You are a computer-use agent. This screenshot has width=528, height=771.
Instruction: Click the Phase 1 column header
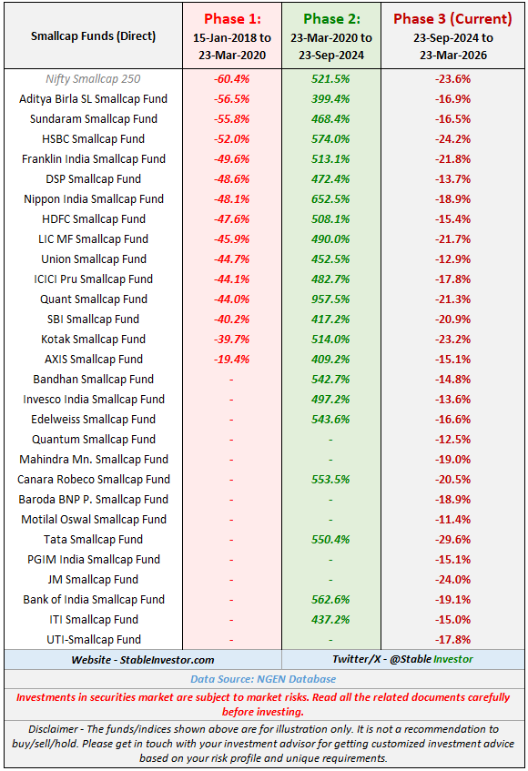[x=231, y=18]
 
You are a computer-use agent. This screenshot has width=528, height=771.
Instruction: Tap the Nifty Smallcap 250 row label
[x=93, y=79]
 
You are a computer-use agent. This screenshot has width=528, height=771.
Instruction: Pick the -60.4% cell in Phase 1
[x=231, y=79]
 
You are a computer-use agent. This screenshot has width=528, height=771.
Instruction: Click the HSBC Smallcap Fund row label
[x=93, y=139]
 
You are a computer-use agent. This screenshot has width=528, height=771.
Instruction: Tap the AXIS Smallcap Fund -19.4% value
[x=231, y=360]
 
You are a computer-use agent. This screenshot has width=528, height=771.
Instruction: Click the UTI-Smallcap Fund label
[x=93, y=640]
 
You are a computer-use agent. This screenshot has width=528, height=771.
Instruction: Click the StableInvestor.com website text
[x=141, y=659]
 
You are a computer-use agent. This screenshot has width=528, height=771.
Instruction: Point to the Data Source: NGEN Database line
[x=263, y=679]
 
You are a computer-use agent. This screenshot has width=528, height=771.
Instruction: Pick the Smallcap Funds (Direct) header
[x=93, y=36]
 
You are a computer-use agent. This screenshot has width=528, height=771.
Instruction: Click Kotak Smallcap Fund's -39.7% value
[x=231, y=340]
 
